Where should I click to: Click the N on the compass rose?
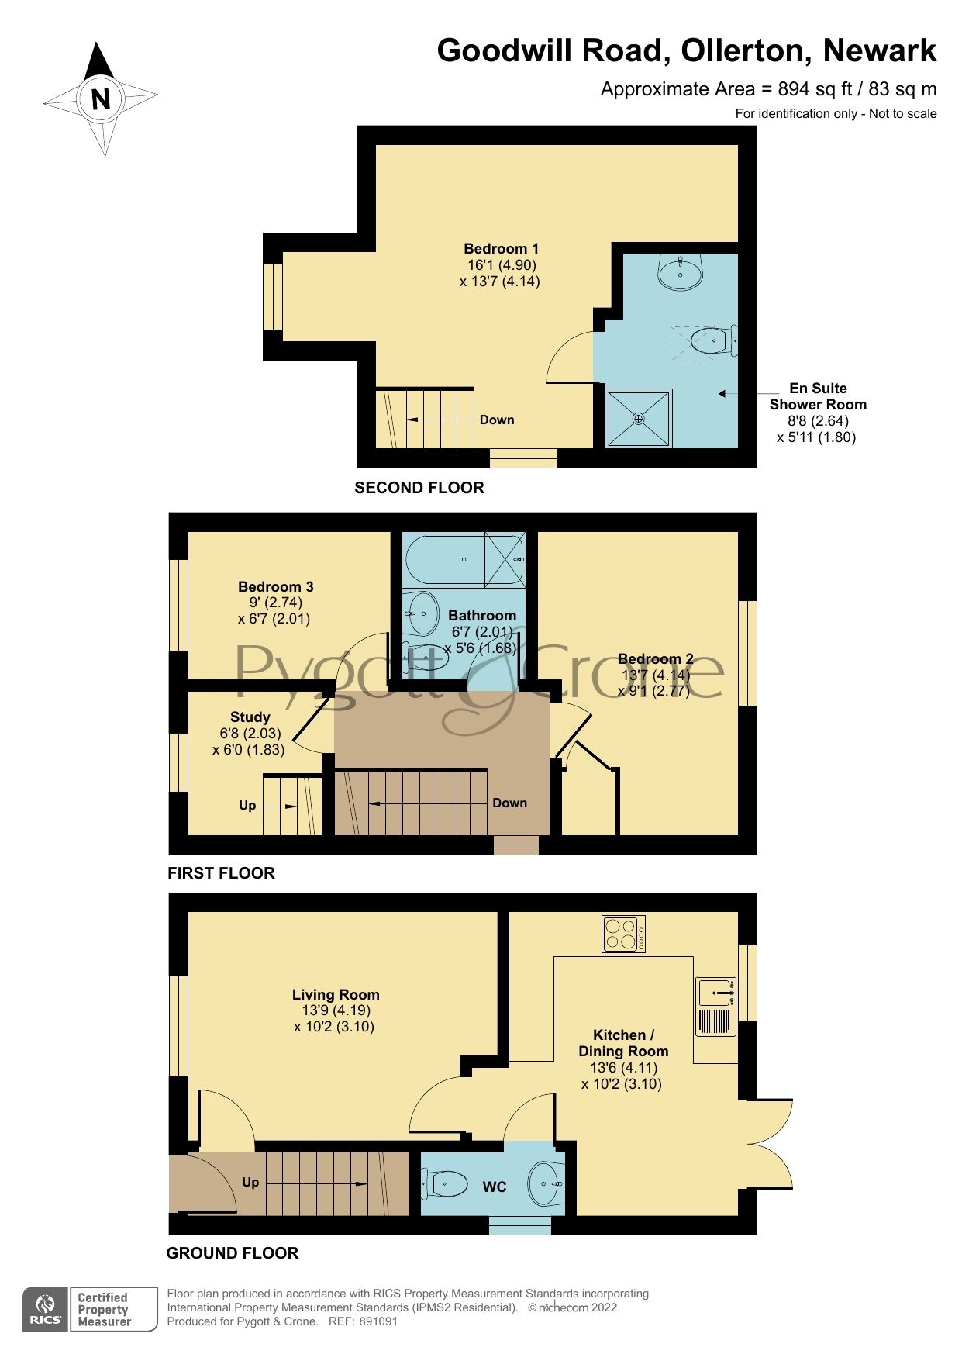tap(101, 98)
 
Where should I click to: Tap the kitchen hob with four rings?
tap(623, 934)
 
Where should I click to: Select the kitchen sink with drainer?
tap(715, 1006)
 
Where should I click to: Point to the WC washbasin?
tap(545, 1184)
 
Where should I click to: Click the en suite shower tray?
tap(639, 419)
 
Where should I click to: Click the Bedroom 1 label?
tap(501, 249)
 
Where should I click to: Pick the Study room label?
tap(250, 717)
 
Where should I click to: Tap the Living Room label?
tap(336, 994)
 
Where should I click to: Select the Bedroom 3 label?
tap(275, 587)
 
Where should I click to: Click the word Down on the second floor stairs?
tap(497, 420)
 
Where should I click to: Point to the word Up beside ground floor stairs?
tap(250, 1183)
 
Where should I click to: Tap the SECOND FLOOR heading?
tap(419, 488)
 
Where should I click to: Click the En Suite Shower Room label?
tap(818, 396)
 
